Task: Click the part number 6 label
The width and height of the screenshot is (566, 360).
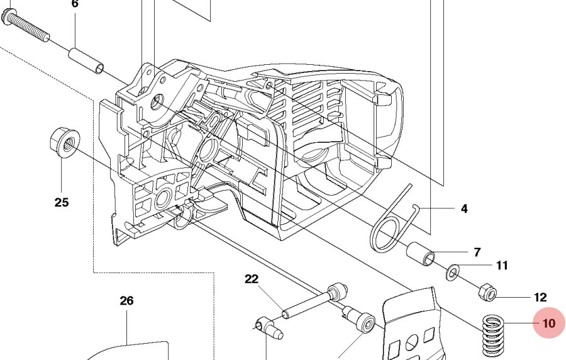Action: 75,4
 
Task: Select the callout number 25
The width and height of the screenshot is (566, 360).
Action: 62,202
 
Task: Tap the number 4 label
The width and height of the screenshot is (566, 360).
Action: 464,208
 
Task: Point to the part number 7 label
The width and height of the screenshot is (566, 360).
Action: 477,252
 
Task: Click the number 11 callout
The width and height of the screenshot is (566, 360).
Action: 502,266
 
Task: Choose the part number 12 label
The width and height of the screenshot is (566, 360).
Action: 540,297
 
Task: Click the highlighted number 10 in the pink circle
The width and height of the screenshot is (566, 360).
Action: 549,323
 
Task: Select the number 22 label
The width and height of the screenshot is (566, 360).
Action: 252,279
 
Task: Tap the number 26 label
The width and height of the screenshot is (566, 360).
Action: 126,301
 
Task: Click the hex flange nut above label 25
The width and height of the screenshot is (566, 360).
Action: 62,140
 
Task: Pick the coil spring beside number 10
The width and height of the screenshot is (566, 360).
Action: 496,337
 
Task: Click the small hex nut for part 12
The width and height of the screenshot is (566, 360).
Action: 487,291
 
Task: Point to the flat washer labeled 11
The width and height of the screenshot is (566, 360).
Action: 452,273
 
